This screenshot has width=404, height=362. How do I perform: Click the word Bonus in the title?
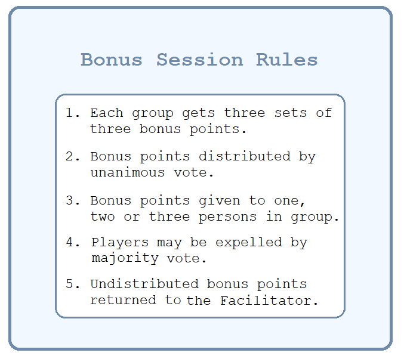112,60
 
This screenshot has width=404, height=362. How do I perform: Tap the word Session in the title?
200,60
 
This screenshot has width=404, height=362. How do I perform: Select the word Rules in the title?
287,60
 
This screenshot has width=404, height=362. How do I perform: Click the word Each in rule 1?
107,113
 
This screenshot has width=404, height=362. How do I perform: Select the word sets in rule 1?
291,113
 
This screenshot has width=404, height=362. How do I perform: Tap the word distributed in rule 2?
245,156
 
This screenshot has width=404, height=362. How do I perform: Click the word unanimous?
128,172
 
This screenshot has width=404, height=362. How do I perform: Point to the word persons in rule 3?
228,217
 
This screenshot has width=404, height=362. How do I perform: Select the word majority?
125,259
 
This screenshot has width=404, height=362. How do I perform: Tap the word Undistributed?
144,284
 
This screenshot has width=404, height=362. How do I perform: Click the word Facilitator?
269,300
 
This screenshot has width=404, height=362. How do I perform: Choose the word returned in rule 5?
124,300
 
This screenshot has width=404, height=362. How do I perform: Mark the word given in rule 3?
220,201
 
